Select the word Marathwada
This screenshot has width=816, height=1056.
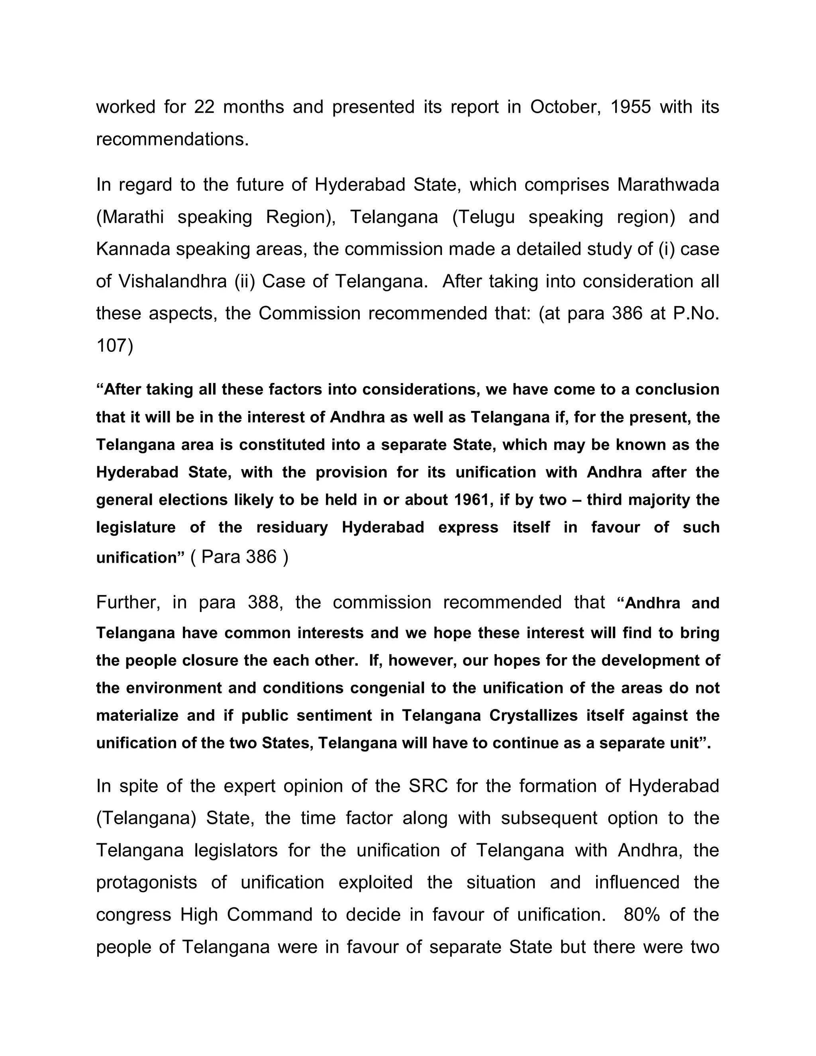click(x=668, y=185)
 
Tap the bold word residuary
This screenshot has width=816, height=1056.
click(x=292, y=527)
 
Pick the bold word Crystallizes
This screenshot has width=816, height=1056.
click(x=533, y=716)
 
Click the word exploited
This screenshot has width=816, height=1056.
click(x=375, y=882)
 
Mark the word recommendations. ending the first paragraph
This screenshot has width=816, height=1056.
click(x=173, y=139)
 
